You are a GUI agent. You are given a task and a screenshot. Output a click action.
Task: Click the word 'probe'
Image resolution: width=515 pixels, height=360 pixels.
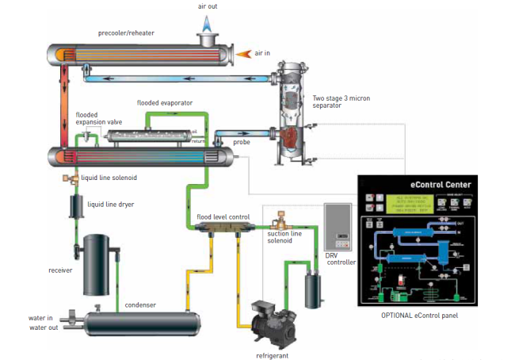coord(242,142)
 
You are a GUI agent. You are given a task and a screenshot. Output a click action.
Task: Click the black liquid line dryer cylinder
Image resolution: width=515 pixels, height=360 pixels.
coord(77,208)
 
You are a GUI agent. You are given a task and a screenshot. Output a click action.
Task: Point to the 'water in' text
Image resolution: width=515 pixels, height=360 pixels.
coord(40,319)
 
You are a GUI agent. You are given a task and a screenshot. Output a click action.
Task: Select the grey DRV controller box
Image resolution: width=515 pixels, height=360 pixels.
coord(339,225)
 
